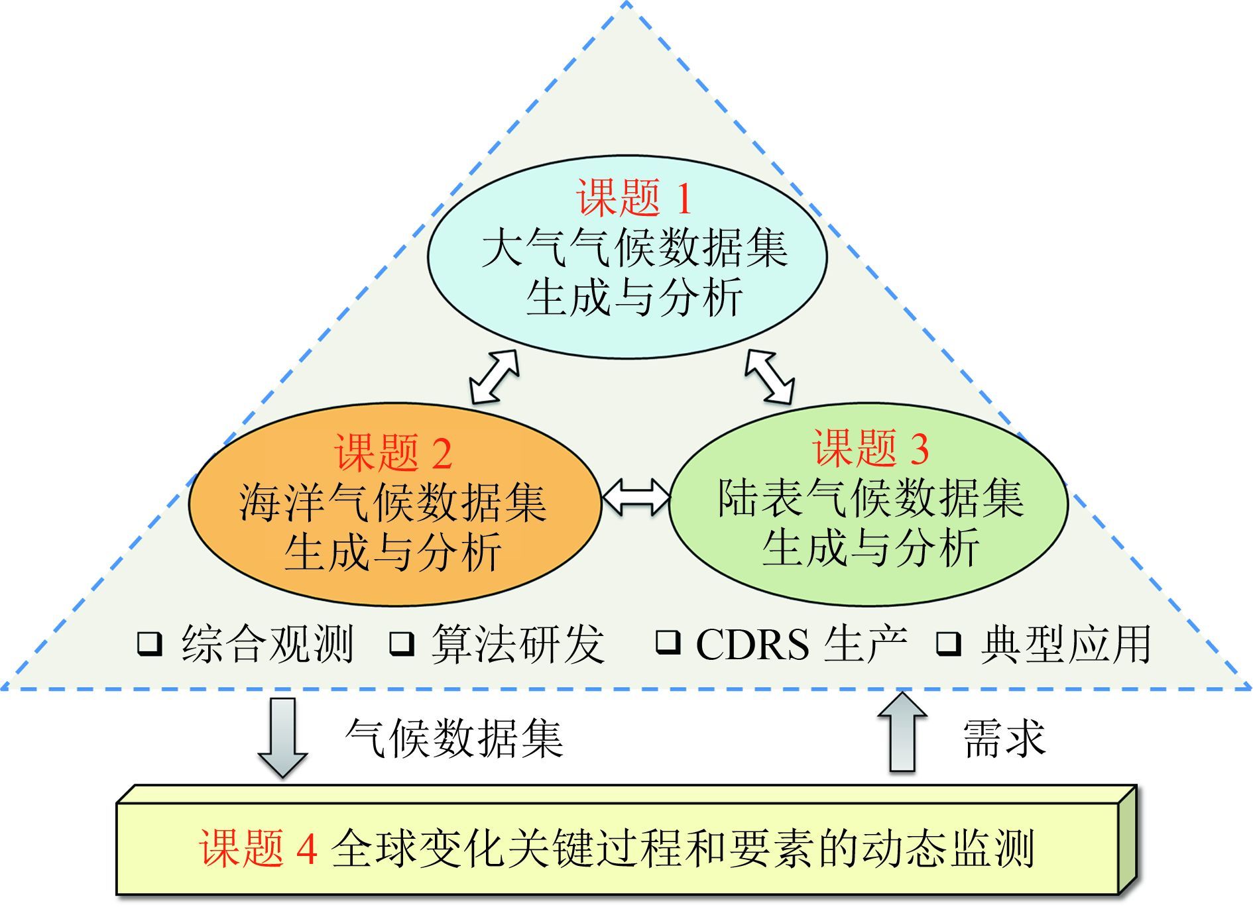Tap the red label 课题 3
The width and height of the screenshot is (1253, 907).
tap(870, 448)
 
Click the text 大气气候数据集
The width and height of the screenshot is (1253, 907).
tap(634, 248)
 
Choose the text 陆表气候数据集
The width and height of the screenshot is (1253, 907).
tap(870, 498)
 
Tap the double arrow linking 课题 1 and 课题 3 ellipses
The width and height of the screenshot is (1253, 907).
tap(769, 376)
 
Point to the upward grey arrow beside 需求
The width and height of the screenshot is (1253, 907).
tap(902, 732)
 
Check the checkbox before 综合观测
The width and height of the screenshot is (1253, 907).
tap(150, 643)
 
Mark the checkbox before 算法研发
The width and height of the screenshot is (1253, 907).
tap(402, 643)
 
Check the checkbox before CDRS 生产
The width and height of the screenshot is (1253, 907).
tap(668, 641)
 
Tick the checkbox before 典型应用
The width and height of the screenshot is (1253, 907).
tap(949, 643)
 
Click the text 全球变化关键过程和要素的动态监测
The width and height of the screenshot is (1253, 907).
tap(683, 848)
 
